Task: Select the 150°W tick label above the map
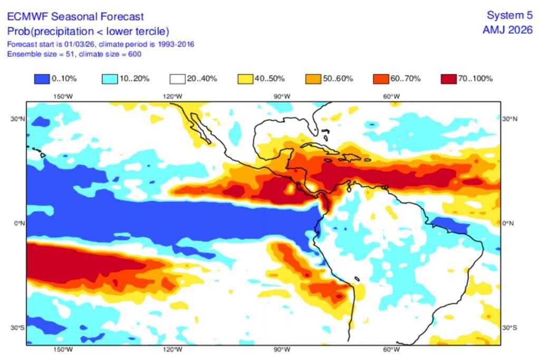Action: click(63, 96)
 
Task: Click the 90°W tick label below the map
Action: click(282, 350)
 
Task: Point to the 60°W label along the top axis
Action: click(391, 96)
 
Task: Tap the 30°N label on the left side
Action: click(17, 119)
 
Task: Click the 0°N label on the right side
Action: click(510, 223)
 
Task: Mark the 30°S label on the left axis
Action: click(17, 328)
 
